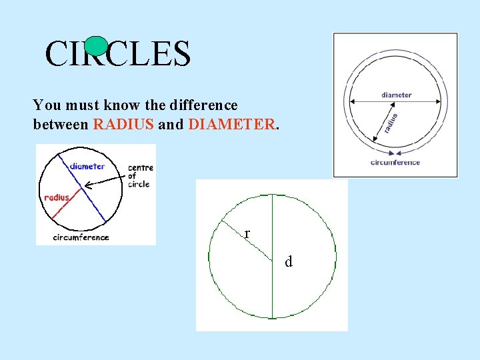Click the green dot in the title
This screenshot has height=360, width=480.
[x=97, y=45]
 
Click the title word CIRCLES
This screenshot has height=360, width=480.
[x=118, y=54]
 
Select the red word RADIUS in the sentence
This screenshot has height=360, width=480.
[x=124, y=124]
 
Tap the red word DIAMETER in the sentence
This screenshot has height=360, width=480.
[x=232, y=124]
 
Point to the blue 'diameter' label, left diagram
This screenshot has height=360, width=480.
[x=87, y=166]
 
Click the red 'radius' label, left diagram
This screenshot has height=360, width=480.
[x=56, y=197]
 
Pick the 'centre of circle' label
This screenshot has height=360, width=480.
[x=140, y=175]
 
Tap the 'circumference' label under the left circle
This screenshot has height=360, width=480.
[x=81, y=237]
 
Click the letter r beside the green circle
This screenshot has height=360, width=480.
[x=247, y=234]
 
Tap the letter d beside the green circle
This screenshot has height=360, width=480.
[x=289, y=262]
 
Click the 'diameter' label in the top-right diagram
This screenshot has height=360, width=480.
[x=396, y=95]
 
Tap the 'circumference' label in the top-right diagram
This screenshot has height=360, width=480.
[x=396, y=162]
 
